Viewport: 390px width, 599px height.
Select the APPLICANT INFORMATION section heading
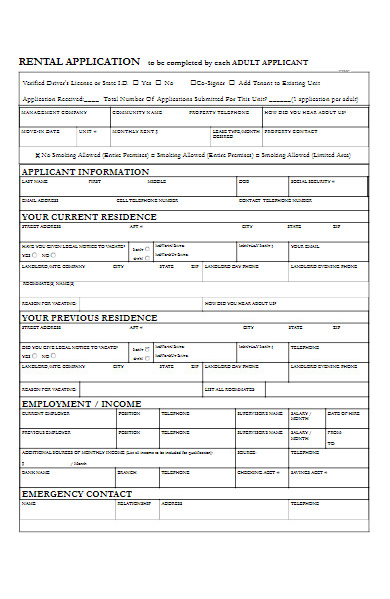click(x=86, y=171)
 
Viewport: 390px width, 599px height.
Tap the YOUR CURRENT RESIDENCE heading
click(x=89, y=216)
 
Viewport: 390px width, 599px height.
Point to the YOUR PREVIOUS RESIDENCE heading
click(x=90, y=317)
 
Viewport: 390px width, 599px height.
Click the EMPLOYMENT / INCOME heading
click(x=82, y=403)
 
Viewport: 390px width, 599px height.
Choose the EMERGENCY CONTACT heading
click(x=77, y=493)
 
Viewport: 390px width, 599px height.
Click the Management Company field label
click(x=46, y=114)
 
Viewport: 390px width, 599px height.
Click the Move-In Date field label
click(x=41, y=131)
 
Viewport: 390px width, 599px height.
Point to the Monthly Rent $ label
click(x=134, y=131)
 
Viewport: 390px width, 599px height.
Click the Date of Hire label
click(x=343, y=413)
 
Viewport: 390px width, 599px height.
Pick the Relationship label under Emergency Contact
click(x=134, y=503)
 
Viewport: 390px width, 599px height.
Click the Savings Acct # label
click(x=309, y=471)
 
